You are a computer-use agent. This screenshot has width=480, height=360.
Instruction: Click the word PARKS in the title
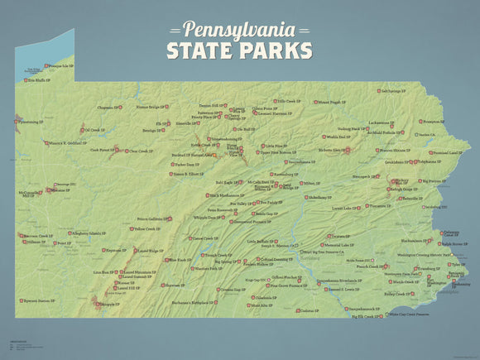pyautogui.click(x=275, y=50)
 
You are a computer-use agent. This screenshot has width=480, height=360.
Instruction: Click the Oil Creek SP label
pyautogui.click(x=94, y=130)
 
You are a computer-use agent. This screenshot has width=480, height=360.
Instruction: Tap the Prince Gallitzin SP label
pyautogui.click(x=153, y=219)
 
